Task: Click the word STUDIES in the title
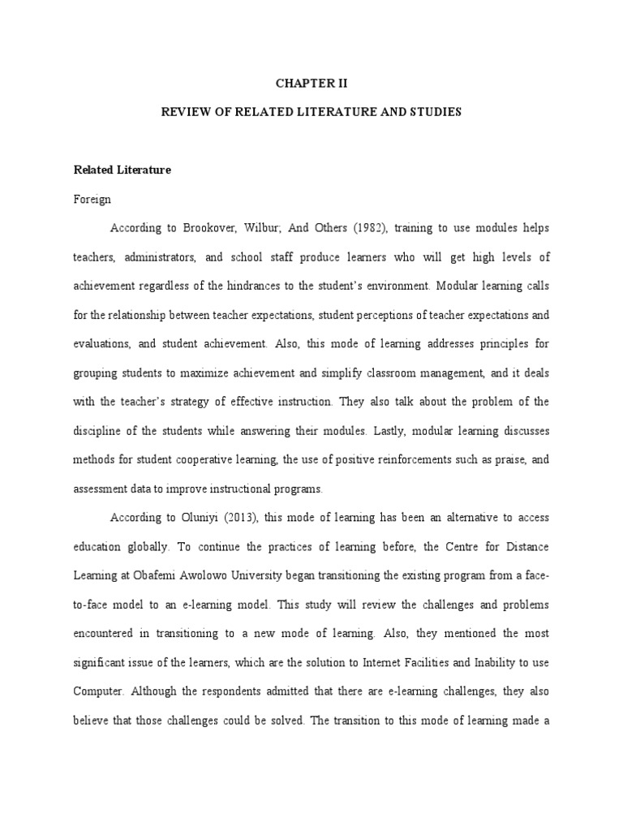435,111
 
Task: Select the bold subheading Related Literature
122,170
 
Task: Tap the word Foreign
92,199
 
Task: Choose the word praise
510,459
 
